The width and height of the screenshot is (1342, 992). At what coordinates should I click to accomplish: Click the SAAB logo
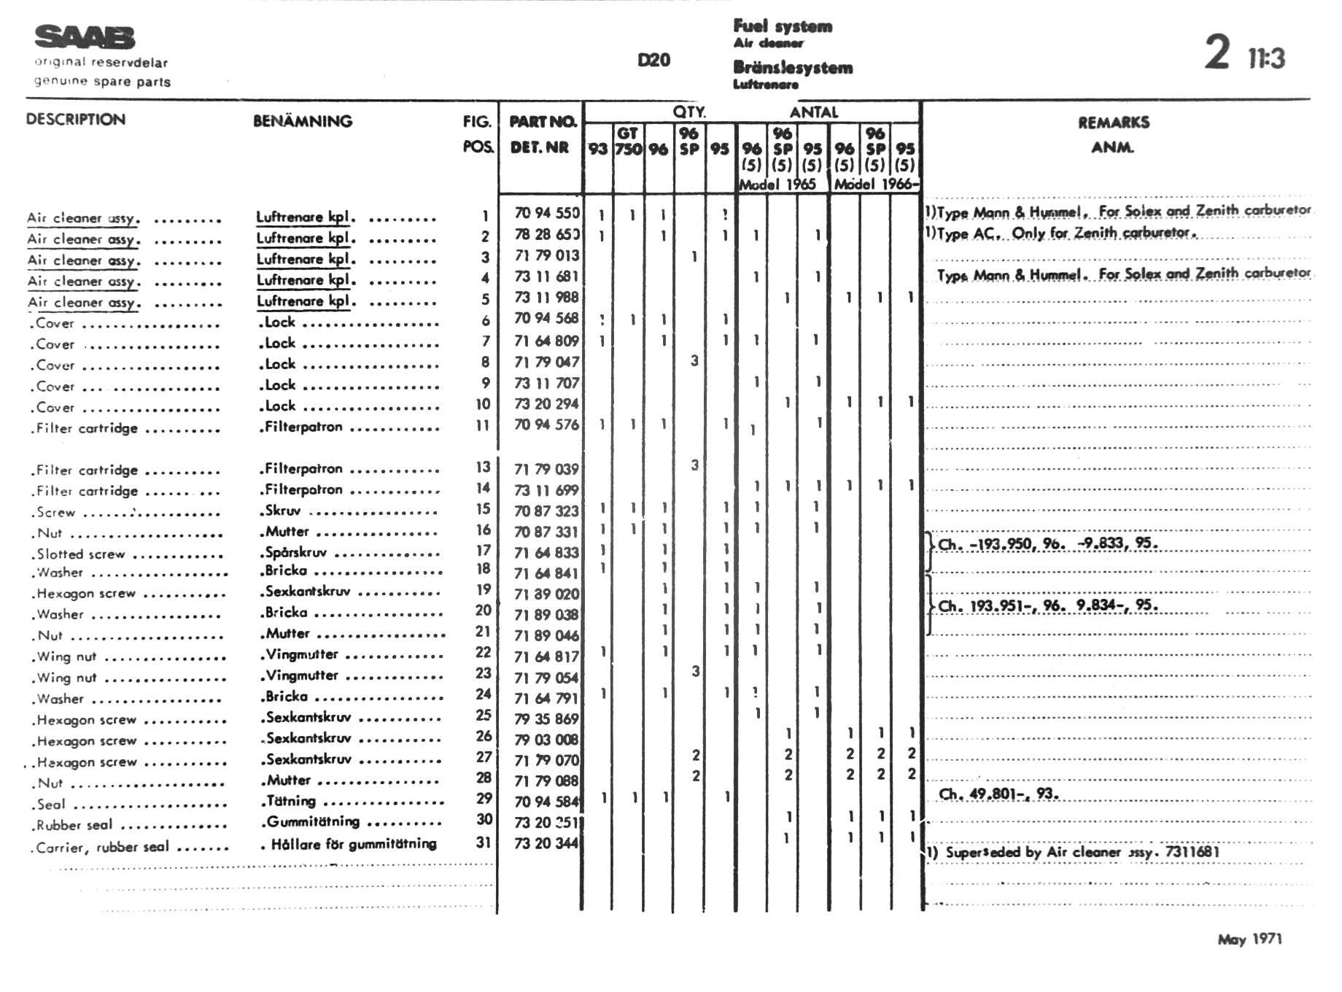click(x=85, y=37)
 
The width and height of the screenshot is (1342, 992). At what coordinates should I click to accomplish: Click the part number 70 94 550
click(x=546, y=213)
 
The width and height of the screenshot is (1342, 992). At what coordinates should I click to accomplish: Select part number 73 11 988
click(x=546, y=298)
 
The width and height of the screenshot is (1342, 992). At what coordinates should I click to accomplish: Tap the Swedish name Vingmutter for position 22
click(x=302, y=654)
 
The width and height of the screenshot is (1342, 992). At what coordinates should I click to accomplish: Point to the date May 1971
click(x=1249, y=939)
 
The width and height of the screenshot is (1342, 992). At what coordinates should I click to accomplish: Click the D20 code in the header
click(x=653, y=60)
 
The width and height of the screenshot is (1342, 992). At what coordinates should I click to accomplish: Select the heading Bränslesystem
click(x=793, y=68)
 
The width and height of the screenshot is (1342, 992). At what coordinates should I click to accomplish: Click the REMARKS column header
click(x=1113, y=123)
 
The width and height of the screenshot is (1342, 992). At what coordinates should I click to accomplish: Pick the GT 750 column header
click(x=628, y=142)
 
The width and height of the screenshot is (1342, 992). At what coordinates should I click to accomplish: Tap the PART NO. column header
click(x=543, y=121)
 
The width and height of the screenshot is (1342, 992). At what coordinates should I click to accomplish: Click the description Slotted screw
click(x=81, y=554)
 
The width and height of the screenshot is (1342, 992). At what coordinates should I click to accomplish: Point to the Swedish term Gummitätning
click(x=313, y=822)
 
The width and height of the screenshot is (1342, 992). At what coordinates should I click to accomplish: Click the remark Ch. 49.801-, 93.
click(x=998, y=794)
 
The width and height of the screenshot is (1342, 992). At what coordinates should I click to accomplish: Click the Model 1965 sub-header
click(x=777, y=185)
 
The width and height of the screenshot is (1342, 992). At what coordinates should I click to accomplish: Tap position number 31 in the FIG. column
click(x=483, y=842)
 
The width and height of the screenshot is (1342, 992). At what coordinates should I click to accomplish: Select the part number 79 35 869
click(x=546, y=719)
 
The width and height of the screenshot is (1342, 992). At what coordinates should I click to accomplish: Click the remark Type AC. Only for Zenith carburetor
click(x=1065, y=233)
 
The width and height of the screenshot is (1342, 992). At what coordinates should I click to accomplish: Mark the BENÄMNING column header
click(x=303, y=121)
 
